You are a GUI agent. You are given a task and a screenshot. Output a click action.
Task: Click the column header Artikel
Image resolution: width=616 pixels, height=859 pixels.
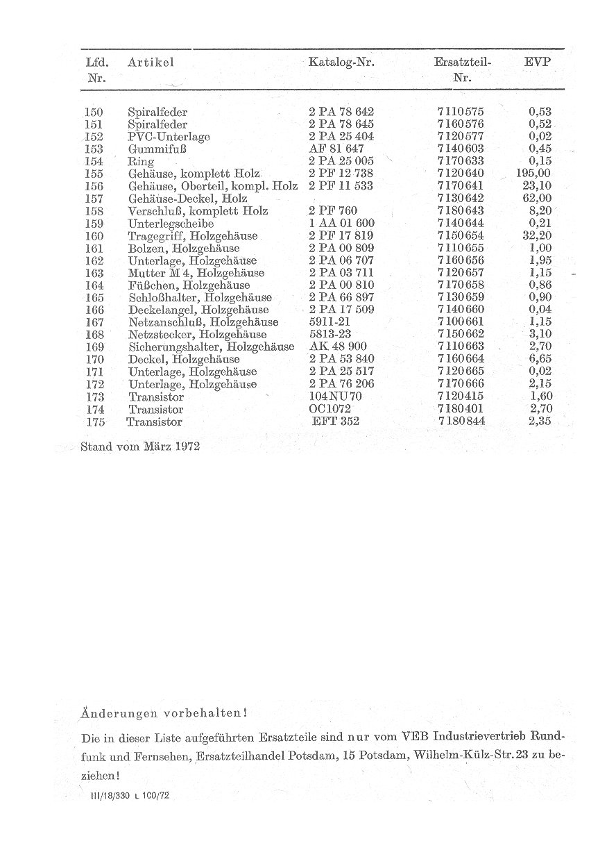click(151, 62)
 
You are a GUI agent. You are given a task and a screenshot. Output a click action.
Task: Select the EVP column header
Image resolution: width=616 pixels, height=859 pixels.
click(538, 62)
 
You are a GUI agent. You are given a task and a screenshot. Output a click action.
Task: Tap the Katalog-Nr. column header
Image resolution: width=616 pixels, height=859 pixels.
click(342, 62)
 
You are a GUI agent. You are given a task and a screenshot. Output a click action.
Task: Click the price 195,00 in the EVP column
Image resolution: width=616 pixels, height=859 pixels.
click(534, 173)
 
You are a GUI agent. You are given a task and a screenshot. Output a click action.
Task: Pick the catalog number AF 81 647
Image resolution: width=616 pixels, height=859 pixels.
click(336, 149)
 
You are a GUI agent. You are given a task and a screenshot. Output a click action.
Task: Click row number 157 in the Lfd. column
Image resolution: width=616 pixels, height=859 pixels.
click(94, 199)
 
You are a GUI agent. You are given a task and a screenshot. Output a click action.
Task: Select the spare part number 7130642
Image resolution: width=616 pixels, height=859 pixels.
click(461, 199)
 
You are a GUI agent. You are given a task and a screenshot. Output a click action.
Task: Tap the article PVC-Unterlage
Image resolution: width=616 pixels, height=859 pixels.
click(169, 136)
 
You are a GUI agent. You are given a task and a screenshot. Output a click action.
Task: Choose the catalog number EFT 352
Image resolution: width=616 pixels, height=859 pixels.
click(336, 422)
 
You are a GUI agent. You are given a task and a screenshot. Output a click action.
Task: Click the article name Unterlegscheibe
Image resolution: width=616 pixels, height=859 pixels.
click(171, 224)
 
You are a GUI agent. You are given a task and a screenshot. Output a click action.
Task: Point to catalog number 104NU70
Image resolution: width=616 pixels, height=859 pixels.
click(335, 397)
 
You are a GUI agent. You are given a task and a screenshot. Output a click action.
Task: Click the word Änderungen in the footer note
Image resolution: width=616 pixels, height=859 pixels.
click(112, 713)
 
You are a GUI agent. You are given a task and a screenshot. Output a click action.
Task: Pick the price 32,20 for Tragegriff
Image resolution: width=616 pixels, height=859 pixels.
click(537, 236)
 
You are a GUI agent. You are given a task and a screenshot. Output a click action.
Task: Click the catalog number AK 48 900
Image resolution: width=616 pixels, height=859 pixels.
click(339, 347)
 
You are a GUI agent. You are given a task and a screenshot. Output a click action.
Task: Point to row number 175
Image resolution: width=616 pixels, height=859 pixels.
click(95, 422)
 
